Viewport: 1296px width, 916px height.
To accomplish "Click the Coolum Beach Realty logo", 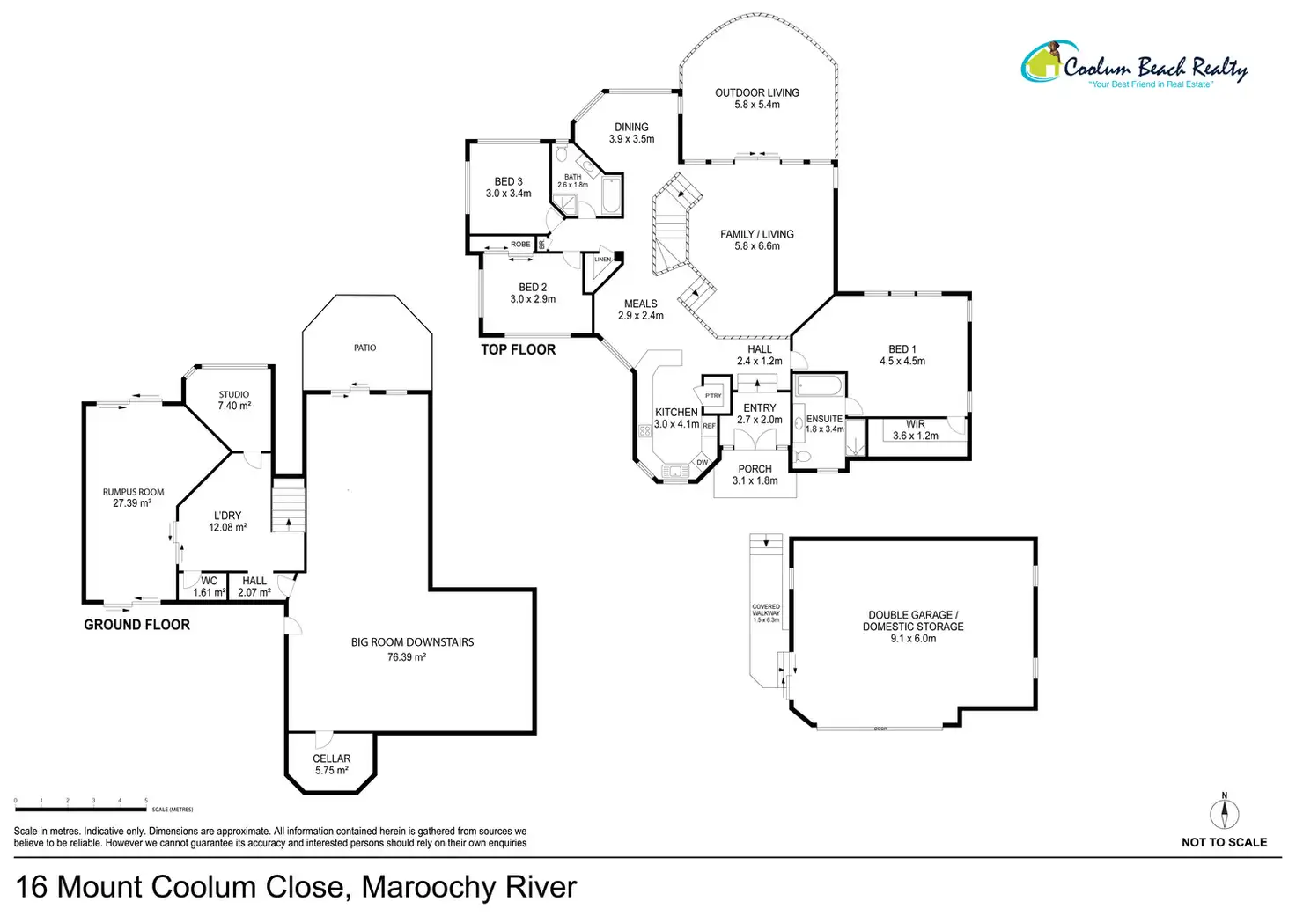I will click(x=1134, y=65).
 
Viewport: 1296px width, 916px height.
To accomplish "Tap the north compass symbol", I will click(x=1224, y=811).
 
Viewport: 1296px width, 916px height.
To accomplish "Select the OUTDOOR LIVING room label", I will click(x=757, y=98).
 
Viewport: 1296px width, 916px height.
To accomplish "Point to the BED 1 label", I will click(x=902, y=355).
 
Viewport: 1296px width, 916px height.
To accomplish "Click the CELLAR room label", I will click(x=332, y=764).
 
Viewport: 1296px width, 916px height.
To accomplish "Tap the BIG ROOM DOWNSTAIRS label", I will click(x=412, y=649).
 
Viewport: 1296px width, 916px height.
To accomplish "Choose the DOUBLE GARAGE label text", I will click(x=913, y=620).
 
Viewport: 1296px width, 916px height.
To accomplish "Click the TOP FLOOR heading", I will click(x=518, y=349).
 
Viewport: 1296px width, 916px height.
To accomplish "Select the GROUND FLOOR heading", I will click(x=136, y=624).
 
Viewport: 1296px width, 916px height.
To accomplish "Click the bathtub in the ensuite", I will click(x=819, y=386).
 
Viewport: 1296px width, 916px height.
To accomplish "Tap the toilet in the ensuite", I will click(x=802, y=457).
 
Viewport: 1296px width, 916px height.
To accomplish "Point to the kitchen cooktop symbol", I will click(x=645, y=431).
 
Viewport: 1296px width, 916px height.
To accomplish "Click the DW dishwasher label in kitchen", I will click(x=703, y=462).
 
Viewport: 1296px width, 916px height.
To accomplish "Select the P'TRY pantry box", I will click(x=712, y=395).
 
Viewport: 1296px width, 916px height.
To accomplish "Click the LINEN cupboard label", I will click(x=602, y=260).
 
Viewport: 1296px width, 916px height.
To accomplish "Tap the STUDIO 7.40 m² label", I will click(x=234, y=400).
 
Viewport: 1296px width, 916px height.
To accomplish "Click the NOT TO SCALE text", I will click(x=1224, y=842).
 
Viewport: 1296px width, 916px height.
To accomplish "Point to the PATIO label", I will click(x=365, y=348).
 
